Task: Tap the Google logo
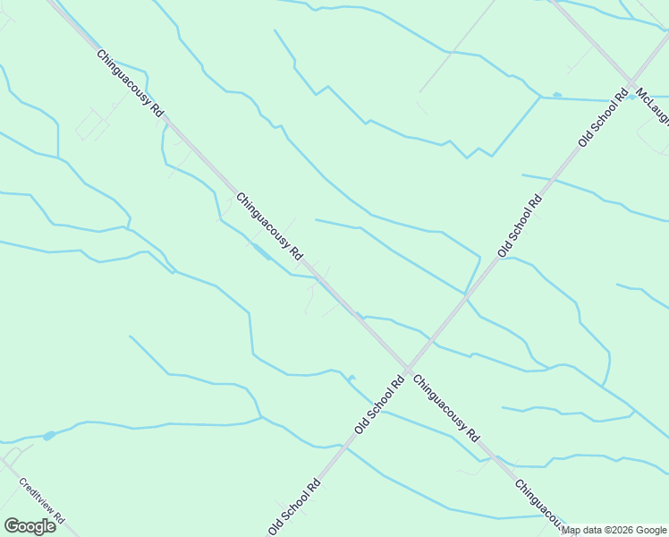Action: (x=30, y=526)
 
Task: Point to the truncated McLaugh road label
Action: (x=652, y=107)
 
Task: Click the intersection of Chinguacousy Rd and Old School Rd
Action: (x=408, y=369)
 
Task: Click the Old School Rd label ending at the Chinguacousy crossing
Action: (x=380, y=405)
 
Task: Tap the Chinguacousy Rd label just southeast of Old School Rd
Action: (x=448, y=407)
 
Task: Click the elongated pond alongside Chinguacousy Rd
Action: (x=261, y=251)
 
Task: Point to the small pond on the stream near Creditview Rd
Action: (x=48, y=436)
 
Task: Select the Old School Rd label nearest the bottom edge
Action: (x=294, y=507)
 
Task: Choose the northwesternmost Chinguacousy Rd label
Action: (x=131, y=83)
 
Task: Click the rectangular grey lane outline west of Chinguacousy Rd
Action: (x=91, y=124)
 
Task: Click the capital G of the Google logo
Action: (x=12, y=526)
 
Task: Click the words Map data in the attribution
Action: (x=581, y=531)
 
